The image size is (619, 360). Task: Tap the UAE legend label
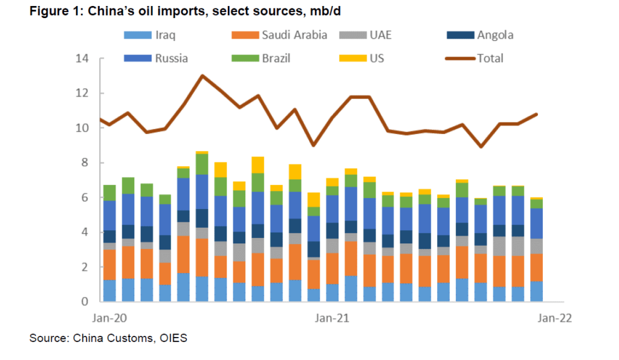(x=380, y=34)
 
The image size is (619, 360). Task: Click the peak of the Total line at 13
(x=202, y=76)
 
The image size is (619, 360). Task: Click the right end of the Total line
(x=536, y=114)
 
